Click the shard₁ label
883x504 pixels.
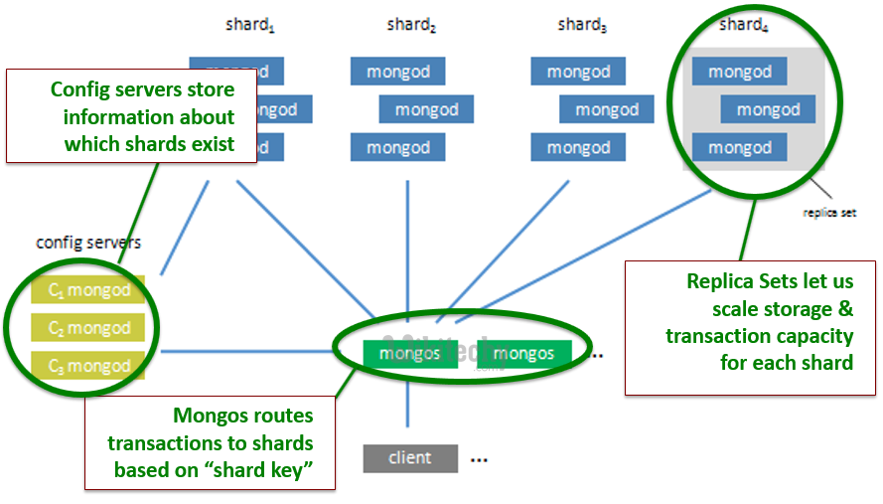click(250, 26)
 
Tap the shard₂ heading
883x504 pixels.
click(411, 26)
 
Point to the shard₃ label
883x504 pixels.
click(582, 26)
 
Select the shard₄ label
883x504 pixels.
click(744, 26)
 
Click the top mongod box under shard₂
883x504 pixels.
click(397, 72)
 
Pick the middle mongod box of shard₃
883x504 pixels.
click(606, 109)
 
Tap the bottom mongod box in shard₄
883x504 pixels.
click(740, 148)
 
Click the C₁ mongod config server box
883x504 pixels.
click(88, 291)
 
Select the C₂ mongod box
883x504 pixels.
click(88, 328)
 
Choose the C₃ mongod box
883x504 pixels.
click(88, 366)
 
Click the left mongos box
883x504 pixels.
click(409, 354)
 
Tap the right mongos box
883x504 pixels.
click(523, 354)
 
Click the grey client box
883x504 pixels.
click(410, 458)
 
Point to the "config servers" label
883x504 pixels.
click(88, 242)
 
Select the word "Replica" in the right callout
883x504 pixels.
click(722, 281)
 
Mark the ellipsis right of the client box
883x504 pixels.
click(479, 460)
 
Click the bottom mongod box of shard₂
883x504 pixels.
click(397, 148)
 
